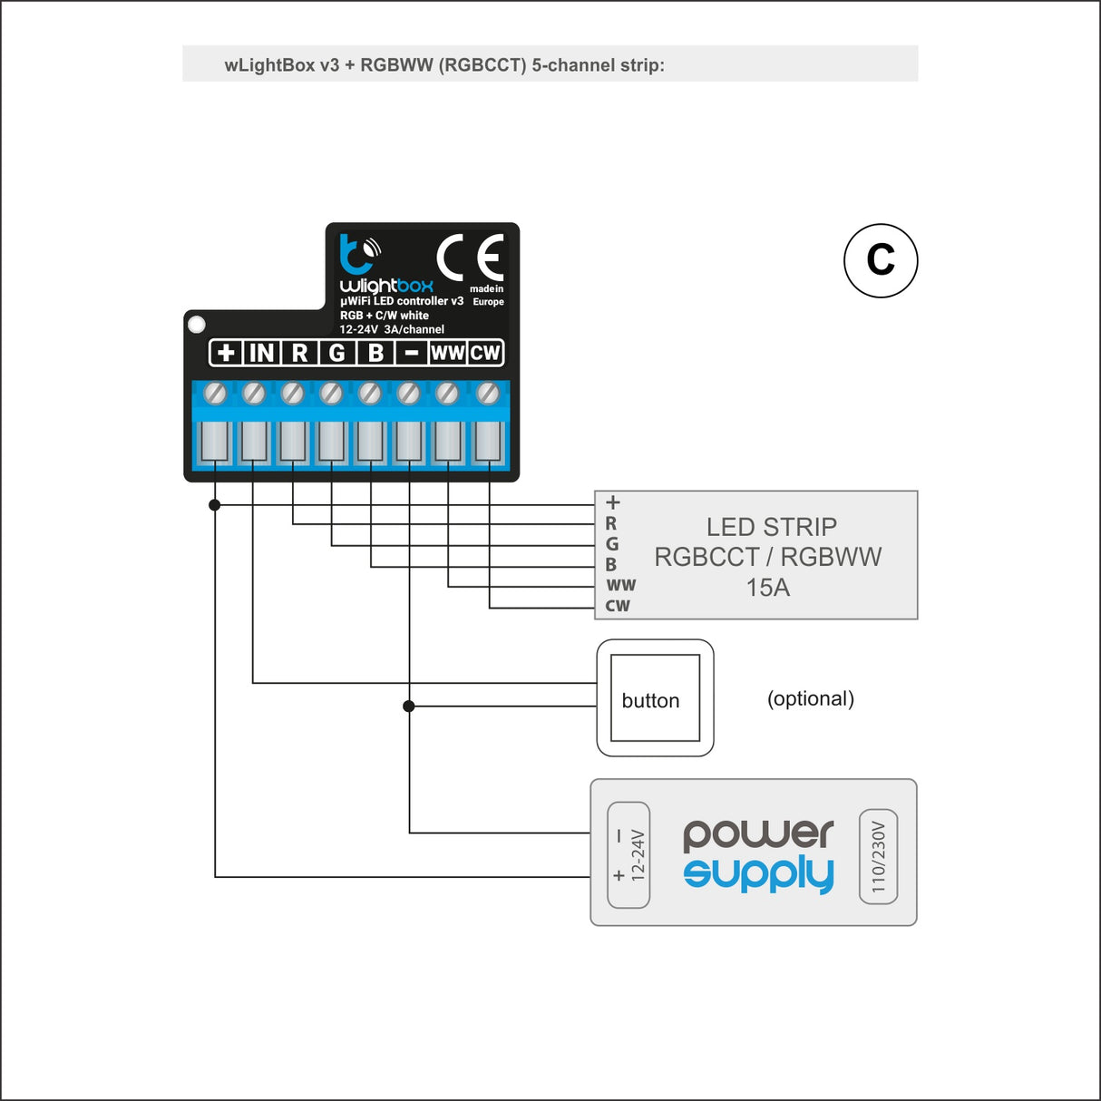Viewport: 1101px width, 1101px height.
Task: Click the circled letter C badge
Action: tap(881, 260)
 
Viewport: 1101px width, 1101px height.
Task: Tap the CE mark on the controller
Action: tap(470, 257)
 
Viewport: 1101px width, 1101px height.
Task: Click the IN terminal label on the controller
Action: tap(262, 353)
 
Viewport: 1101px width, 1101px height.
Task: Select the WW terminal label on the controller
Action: tap(447, 353)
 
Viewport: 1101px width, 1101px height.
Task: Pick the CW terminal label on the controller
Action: tap(485, 353)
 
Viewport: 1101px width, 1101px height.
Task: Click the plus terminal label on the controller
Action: tap(226, 353)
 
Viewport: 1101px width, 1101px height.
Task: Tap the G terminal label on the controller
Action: tap(337, 353)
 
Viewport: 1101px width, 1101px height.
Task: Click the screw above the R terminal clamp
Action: tap(293, 393)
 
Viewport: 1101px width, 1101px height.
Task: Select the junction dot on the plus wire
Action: tap(214, 504)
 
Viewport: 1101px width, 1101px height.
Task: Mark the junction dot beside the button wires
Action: tap(408, 706)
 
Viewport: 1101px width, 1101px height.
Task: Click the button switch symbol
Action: tap(655, 697)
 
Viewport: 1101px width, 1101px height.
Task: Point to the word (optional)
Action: tap(810, 698)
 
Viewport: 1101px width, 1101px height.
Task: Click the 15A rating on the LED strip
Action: tap(768, 588)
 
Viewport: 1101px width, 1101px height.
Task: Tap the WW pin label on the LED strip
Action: tap(621, 585)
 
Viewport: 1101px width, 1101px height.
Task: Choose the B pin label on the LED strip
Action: tap(610, 564)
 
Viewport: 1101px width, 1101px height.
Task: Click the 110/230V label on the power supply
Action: tap(878, 857)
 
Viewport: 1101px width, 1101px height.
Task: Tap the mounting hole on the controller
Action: tap(197, 325)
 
